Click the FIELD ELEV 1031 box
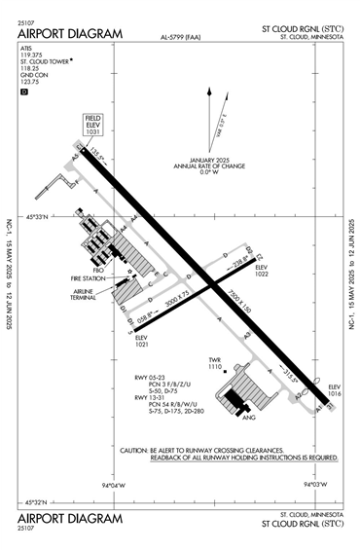coord(93,126)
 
